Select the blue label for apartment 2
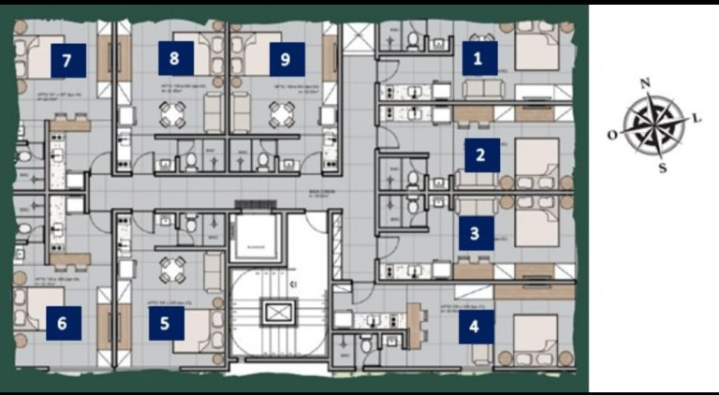click(x=480, y=154)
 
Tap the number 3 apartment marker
click(x=475, y=233)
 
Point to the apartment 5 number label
click(x=165, y=324)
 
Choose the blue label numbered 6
click(x=63, y=324)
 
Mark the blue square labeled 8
click(x=175, y=59)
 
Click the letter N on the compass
click(x=644, y=83)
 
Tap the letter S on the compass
click(x=662, y=168)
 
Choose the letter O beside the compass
click(x=611, y=135)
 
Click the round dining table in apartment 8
click(x=173, y=113)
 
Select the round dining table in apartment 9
click(x=282, y=113)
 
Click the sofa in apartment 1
click(x=483, y=90)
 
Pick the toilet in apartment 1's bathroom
click(x=413, y=39)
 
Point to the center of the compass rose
click(x=653, y=125)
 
